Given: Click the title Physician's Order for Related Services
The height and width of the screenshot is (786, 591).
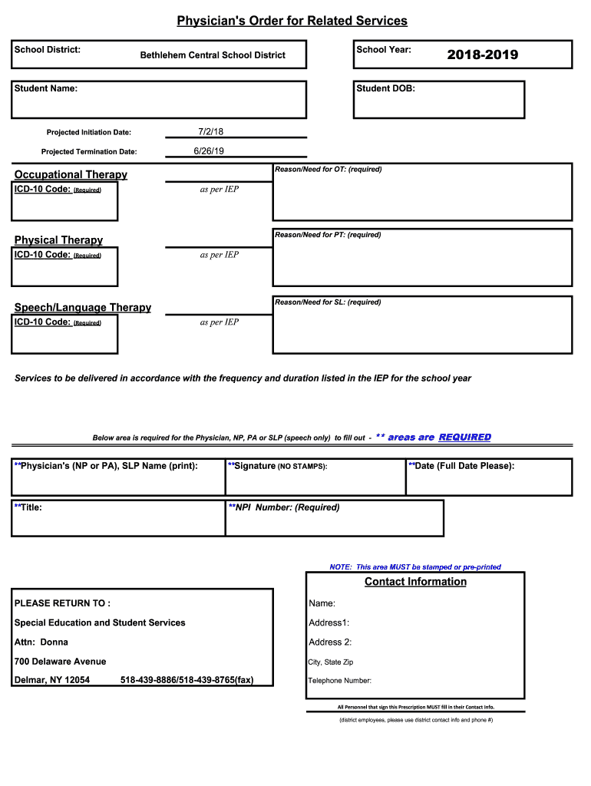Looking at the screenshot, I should coord(292,21).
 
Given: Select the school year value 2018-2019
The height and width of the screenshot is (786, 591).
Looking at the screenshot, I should coord(482,54).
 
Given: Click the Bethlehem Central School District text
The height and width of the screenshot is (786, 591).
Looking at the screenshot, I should coord(213,55).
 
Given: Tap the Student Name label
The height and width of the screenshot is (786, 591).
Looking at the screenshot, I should coord(46,89).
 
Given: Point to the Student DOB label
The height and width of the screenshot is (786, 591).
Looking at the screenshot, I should coord(385,89).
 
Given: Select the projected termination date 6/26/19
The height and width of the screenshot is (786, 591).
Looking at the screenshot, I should coord(209,151).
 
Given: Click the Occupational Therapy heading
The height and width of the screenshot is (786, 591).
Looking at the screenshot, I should coord(71,174).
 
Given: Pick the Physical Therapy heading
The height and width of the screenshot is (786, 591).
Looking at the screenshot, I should coord(58,240).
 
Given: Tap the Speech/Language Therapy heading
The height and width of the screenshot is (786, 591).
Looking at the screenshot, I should coord(83,307).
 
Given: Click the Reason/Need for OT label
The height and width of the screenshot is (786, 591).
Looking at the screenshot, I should coord(328,169).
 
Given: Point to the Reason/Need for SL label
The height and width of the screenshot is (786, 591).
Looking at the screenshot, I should coord(328,302).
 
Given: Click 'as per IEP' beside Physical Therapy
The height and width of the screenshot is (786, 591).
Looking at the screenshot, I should coord(220,255).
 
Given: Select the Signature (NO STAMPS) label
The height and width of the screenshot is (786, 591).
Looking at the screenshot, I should coord(278,466).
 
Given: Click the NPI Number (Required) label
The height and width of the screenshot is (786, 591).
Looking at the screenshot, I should coord(284,507).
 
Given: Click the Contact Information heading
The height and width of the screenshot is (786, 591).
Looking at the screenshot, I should coord(415,582).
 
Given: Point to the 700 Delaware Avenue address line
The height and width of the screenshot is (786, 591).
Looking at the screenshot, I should coord(61,662).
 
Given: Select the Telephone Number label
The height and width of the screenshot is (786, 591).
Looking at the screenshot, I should coord(340,681).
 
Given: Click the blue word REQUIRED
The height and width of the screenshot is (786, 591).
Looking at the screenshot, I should coord(464,437).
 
